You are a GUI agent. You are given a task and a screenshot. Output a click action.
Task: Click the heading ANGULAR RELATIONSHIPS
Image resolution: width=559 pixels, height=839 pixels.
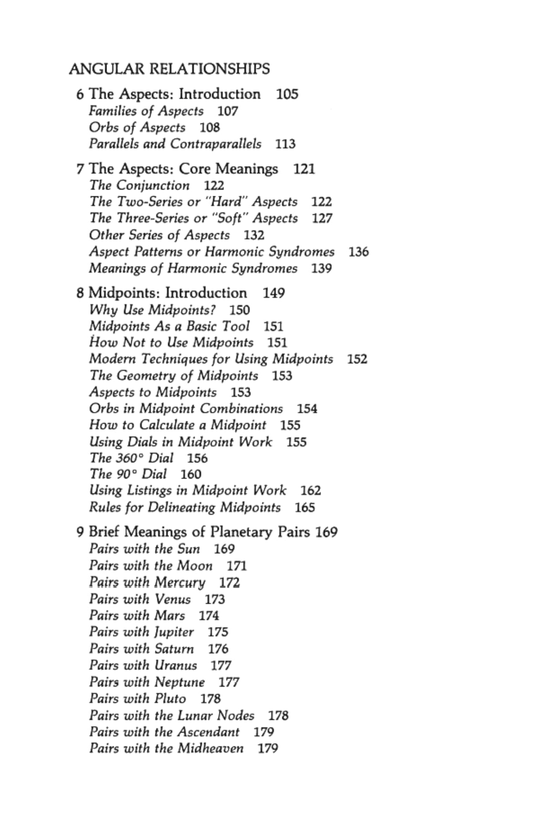[x=169, y=69]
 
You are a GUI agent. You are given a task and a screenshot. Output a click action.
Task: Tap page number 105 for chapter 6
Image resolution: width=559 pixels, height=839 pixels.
[x=287, y=94]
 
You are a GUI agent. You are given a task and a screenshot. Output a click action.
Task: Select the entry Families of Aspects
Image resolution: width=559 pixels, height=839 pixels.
[x=146, y=111]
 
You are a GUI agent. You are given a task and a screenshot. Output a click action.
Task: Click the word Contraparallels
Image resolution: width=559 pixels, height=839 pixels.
[x=216, y=144]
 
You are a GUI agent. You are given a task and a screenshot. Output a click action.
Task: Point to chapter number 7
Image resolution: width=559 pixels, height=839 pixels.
[x=80, y=169]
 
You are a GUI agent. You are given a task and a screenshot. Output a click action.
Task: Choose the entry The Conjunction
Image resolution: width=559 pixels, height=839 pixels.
[x=139, y=185]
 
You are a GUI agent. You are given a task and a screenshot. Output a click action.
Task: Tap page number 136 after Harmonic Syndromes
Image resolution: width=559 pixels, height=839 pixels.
[x=359, y=252]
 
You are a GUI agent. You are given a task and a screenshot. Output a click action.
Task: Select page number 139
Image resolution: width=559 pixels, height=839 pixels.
[x=321, y=268]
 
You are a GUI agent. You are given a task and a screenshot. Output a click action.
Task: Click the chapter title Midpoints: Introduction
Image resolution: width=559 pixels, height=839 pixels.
[x=168, y=293]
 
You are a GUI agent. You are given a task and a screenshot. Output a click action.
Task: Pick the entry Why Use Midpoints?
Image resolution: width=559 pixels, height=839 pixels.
[x=153, y=310]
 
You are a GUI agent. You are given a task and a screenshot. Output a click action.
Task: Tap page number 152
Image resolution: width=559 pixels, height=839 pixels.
[x=357, y=359]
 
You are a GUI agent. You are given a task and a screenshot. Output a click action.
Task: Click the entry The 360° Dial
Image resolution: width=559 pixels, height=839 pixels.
[x=131, y=458]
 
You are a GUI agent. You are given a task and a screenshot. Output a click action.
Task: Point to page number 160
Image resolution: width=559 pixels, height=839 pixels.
[x=191, y=474]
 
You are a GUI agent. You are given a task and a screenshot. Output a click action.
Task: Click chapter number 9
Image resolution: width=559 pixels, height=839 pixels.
[x=80, y=532]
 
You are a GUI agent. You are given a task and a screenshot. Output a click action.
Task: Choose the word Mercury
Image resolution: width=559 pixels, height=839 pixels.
[x=180, y=582]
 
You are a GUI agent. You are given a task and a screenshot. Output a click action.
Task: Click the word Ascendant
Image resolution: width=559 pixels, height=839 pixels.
[x=208, y=732]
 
